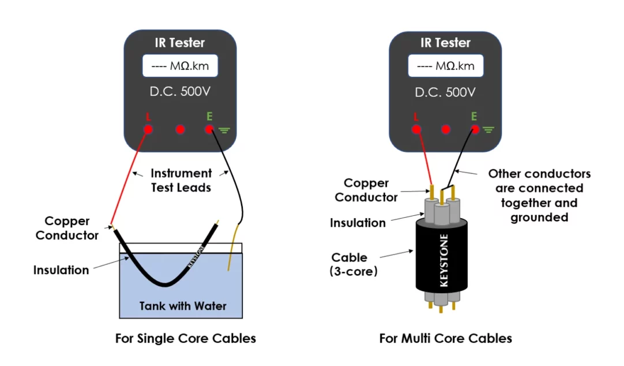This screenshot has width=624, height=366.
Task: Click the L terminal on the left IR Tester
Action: coord(148,129)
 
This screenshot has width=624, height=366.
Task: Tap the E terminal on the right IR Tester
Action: coord(475,129)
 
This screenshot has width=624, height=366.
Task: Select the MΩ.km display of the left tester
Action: coord(180,66)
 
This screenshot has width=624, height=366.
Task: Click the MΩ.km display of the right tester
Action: coord(446,66)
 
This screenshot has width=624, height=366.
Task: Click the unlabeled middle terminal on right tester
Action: coord(445,129)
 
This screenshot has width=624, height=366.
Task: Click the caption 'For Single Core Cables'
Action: coord(186,338)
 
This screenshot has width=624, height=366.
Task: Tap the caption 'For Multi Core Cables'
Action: coord(446,338)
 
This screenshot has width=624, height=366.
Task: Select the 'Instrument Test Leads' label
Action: coord(182,180)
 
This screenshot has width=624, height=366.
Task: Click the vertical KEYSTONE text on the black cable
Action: coord(444,259)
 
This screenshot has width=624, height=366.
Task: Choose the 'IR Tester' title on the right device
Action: coord(445,43)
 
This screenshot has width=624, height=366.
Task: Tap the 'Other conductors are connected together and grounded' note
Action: coord(539,195)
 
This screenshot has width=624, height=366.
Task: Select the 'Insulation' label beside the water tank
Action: coord(61,270)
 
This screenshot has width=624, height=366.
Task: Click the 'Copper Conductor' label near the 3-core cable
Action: coord(371,190)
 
